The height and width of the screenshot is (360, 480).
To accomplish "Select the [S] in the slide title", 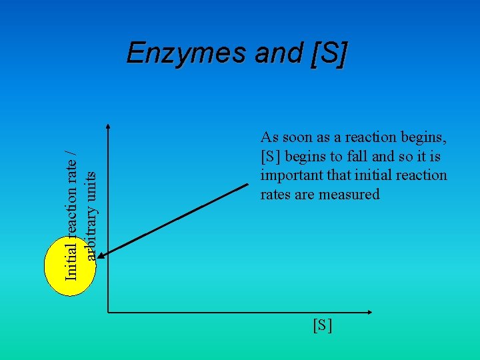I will pyautogui.click(x=327, y=53).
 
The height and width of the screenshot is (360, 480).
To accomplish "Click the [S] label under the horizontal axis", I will pyautogui.click(x=322, y=325).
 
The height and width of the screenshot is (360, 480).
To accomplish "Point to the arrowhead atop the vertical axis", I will pyautogui.click(x=108, y=127).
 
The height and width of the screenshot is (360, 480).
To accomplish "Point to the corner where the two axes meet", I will pyautogui.click(x=108, y=312).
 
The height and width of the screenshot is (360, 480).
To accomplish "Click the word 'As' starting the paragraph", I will pyautogui.click(x=269, y=137).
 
